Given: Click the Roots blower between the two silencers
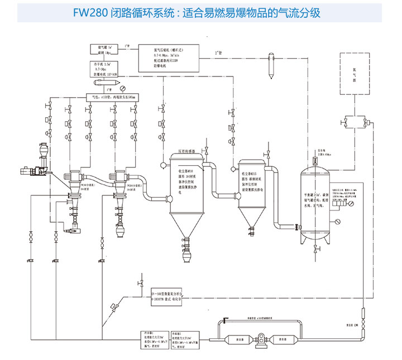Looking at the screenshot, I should [x=259, y=338].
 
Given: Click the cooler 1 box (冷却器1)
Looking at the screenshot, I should [x=155, y=338].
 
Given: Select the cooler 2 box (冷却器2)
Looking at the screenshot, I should [x=188, y=338].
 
